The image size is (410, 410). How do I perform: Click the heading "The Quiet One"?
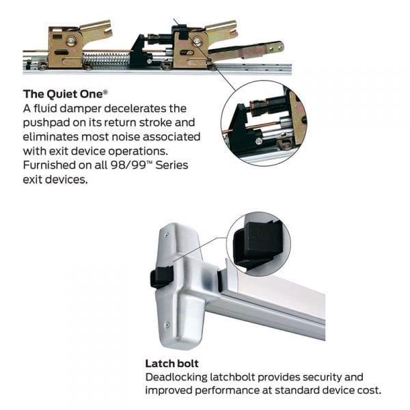click(x=63, y=94)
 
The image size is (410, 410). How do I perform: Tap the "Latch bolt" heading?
click(x=172, y=364)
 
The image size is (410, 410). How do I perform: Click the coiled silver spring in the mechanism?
click(x=106, y=59)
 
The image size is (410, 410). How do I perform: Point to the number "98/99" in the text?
click(x=128, y=165)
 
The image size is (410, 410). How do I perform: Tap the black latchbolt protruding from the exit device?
click(x=161, y=277)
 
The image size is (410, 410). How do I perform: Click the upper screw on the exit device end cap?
click(x=167, y=235)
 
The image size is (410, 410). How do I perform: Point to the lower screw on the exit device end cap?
click(x=167, y=325)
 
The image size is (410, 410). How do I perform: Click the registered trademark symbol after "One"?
click(x=105, y=92)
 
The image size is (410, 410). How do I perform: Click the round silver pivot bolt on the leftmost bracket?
click(x=70, y=40)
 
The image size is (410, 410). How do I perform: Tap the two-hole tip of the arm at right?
click(x=276, y=48)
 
